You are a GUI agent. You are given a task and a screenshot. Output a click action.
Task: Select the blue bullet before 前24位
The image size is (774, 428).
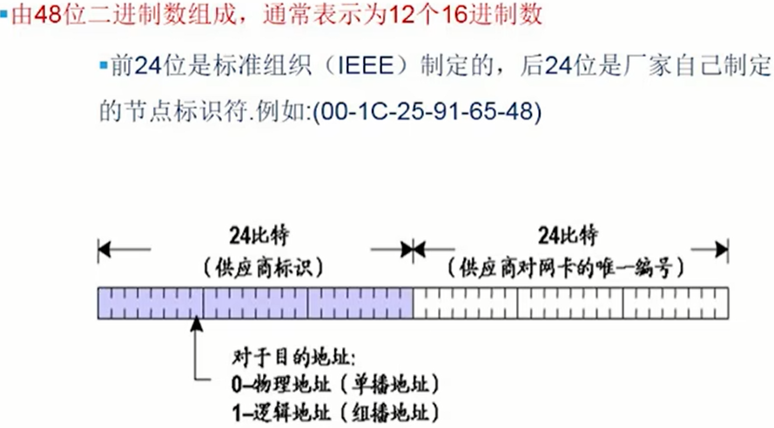[x=104, y=65]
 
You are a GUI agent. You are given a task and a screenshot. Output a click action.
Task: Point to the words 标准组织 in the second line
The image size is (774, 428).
[x=263, y=65]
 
